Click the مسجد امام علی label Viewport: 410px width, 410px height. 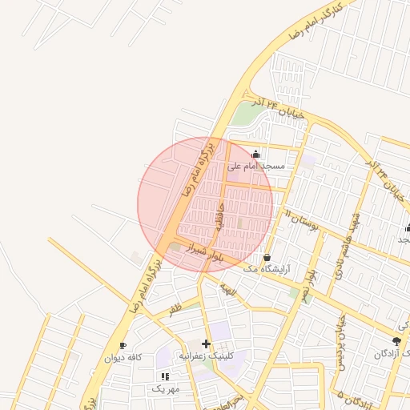tap(256, 167)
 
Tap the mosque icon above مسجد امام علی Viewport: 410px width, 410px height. tap(256, 155)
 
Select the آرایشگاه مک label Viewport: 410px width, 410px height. tap(266, 270)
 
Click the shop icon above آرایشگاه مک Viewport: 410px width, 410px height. tap(266, 258)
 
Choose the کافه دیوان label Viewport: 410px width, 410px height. tap(123, 358)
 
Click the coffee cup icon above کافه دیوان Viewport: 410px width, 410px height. tap(123, 346)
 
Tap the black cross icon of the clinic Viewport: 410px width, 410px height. tap(206, 344)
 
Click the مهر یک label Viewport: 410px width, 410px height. tap(165, 388)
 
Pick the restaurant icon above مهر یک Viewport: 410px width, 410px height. tap(165, 376)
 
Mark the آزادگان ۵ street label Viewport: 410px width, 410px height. tap(351, 396)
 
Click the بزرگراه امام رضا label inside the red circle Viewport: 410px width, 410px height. tap(199, 170)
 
